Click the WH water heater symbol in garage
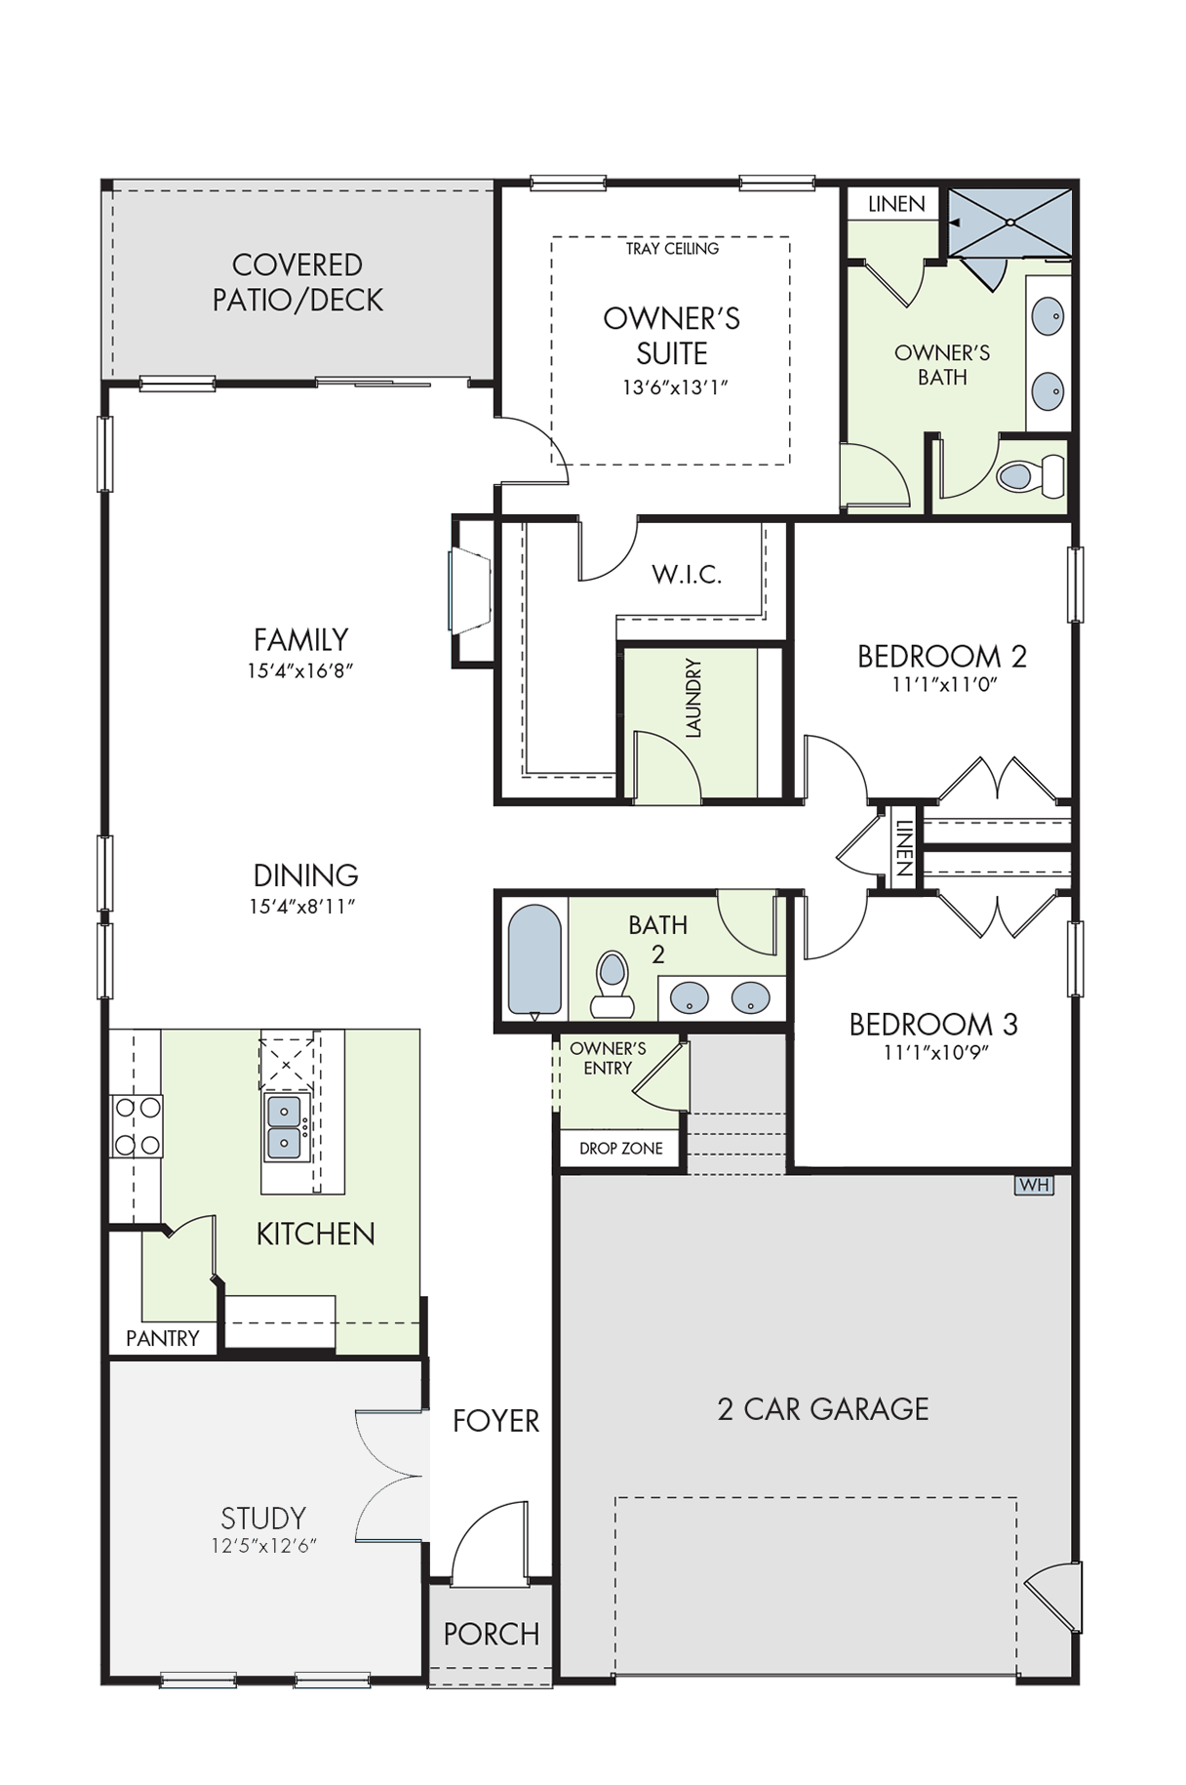(1034, 1185)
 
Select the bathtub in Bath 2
(535, 961)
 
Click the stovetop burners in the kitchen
(137, 1125)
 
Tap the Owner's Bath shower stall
(1010, 223)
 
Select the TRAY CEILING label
(672, 249)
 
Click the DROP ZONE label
(621, 1149)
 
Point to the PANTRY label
(163, 1338)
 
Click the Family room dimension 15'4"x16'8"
(300, 671)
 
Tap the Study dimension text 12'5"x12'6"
(264, 1546)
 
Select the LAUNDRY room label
(693, 698)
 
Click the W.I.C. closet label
(687, 574)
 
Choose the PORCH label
(492, 1634)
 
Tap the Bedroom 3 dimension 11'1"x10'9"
(933, 1052)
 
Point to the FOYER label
(495, 1421)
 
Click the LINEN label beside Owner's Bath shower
(896, 204)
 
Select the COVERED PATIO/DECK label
(297, 282)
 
